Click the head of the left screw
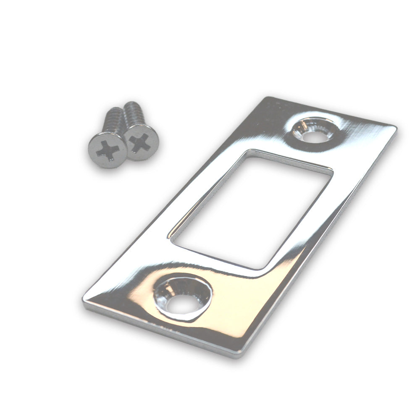(108, 150)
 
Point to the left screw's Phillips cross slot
(108, 150)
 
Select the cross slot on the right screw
(140, 143)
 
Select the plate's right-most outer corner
(396, 126)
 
